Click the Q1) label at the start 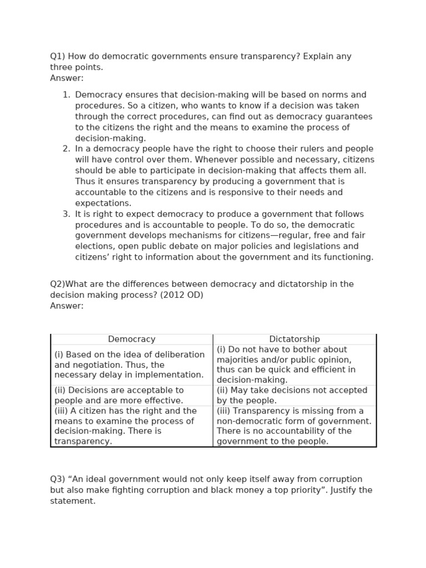pyautogui.click(x=57, y=57)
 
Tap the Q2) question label pyautogui.click(x=57, y=284)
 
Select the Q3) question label pyautogui.click(x=57, y=479)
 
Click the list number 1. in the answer pyautogui.click(x=67, y=95)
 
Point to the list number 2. pyautogui.click(x=67, y=149)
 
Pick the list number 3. pyautogui.click(x=67, y=214)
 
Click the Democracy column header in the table pyautogui.click(x=131, y=339)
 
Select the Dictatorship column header pyautogui.click(x=295, y=339)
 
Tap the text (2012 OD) pyautogui.click(x=182, y=295)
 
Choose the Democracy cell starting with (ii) pyautogui.click(x=119, y=395)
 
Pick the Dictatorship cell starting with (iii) pyautogui.click(x=294, y=426)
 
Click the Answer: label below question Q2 pyautogui.click(x=67, y=306)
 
